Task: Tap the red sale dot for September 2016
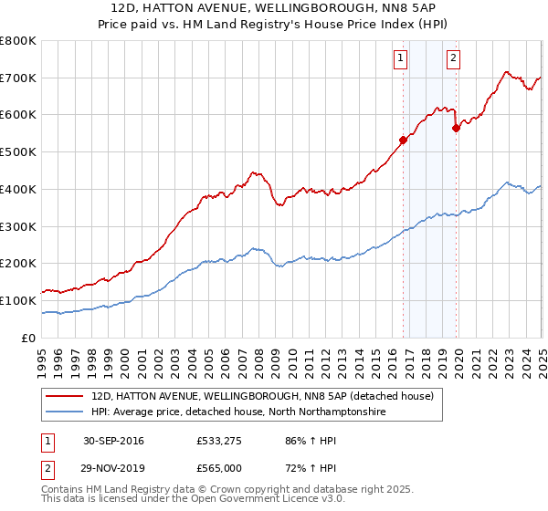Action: click(403, 140)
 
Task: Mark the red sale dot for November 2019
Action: click(456, 129)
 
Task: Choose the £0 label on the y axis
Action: click(29, 338)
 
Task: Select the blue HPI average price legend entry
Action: click(238, 412)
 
